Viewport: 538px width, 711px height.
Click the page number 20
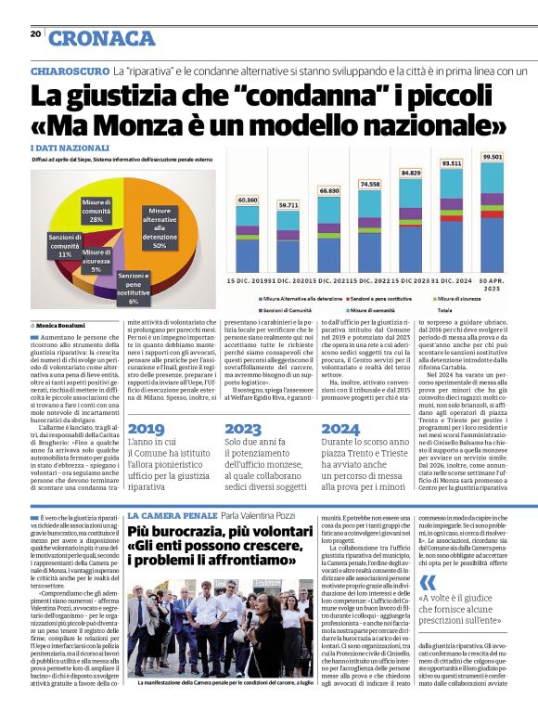pyautogui.click(x=35, y=35)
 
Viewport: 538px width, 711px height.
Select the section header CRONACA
pyautogui.click(x=102, y=38)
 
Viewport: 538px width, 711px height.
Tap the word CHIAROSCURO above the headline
pyautogui.click(x=69, y=71)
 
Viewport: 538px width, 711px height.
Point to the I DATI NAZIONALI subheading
pyautogui.click(x=70, y=149)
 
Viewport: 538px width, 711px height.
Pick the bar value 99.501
pyautogui.click(x=493, y=157)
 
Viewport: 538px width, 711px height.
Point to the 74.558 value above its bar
pyautogui.click(x=369, y=184)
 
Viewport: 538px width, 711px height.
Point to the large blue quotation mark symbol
pyautogui.click(x=428, y=583)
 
